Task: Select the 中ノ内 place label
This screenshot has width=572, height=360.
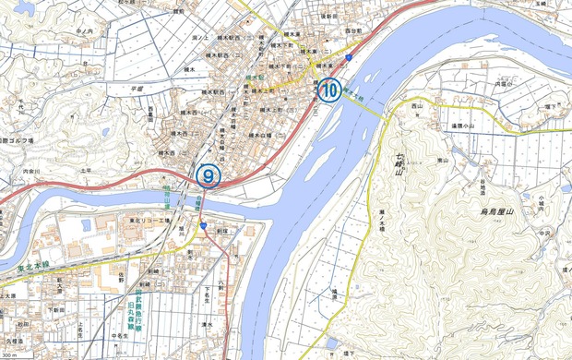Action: coord(86,32)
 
